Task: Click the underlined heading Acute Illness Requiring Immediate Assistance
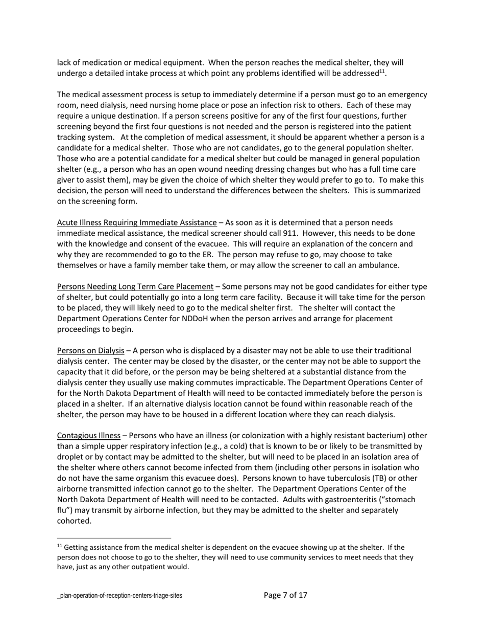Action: coord(136,222)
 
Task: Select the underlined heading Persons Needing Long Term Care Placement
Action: coord(135,286)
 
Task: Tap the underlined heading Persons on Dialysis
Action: coord(90,350)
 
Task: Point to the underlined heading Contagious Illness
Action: coord(88,436)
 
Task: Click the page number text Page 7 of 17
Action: coord(285,595)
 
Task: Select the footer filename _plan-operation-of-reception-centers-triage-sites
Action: coord(119,596)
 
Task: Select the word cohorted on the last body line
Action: coord(74,521)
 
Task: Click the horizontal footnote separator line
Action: coord(114,538)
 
